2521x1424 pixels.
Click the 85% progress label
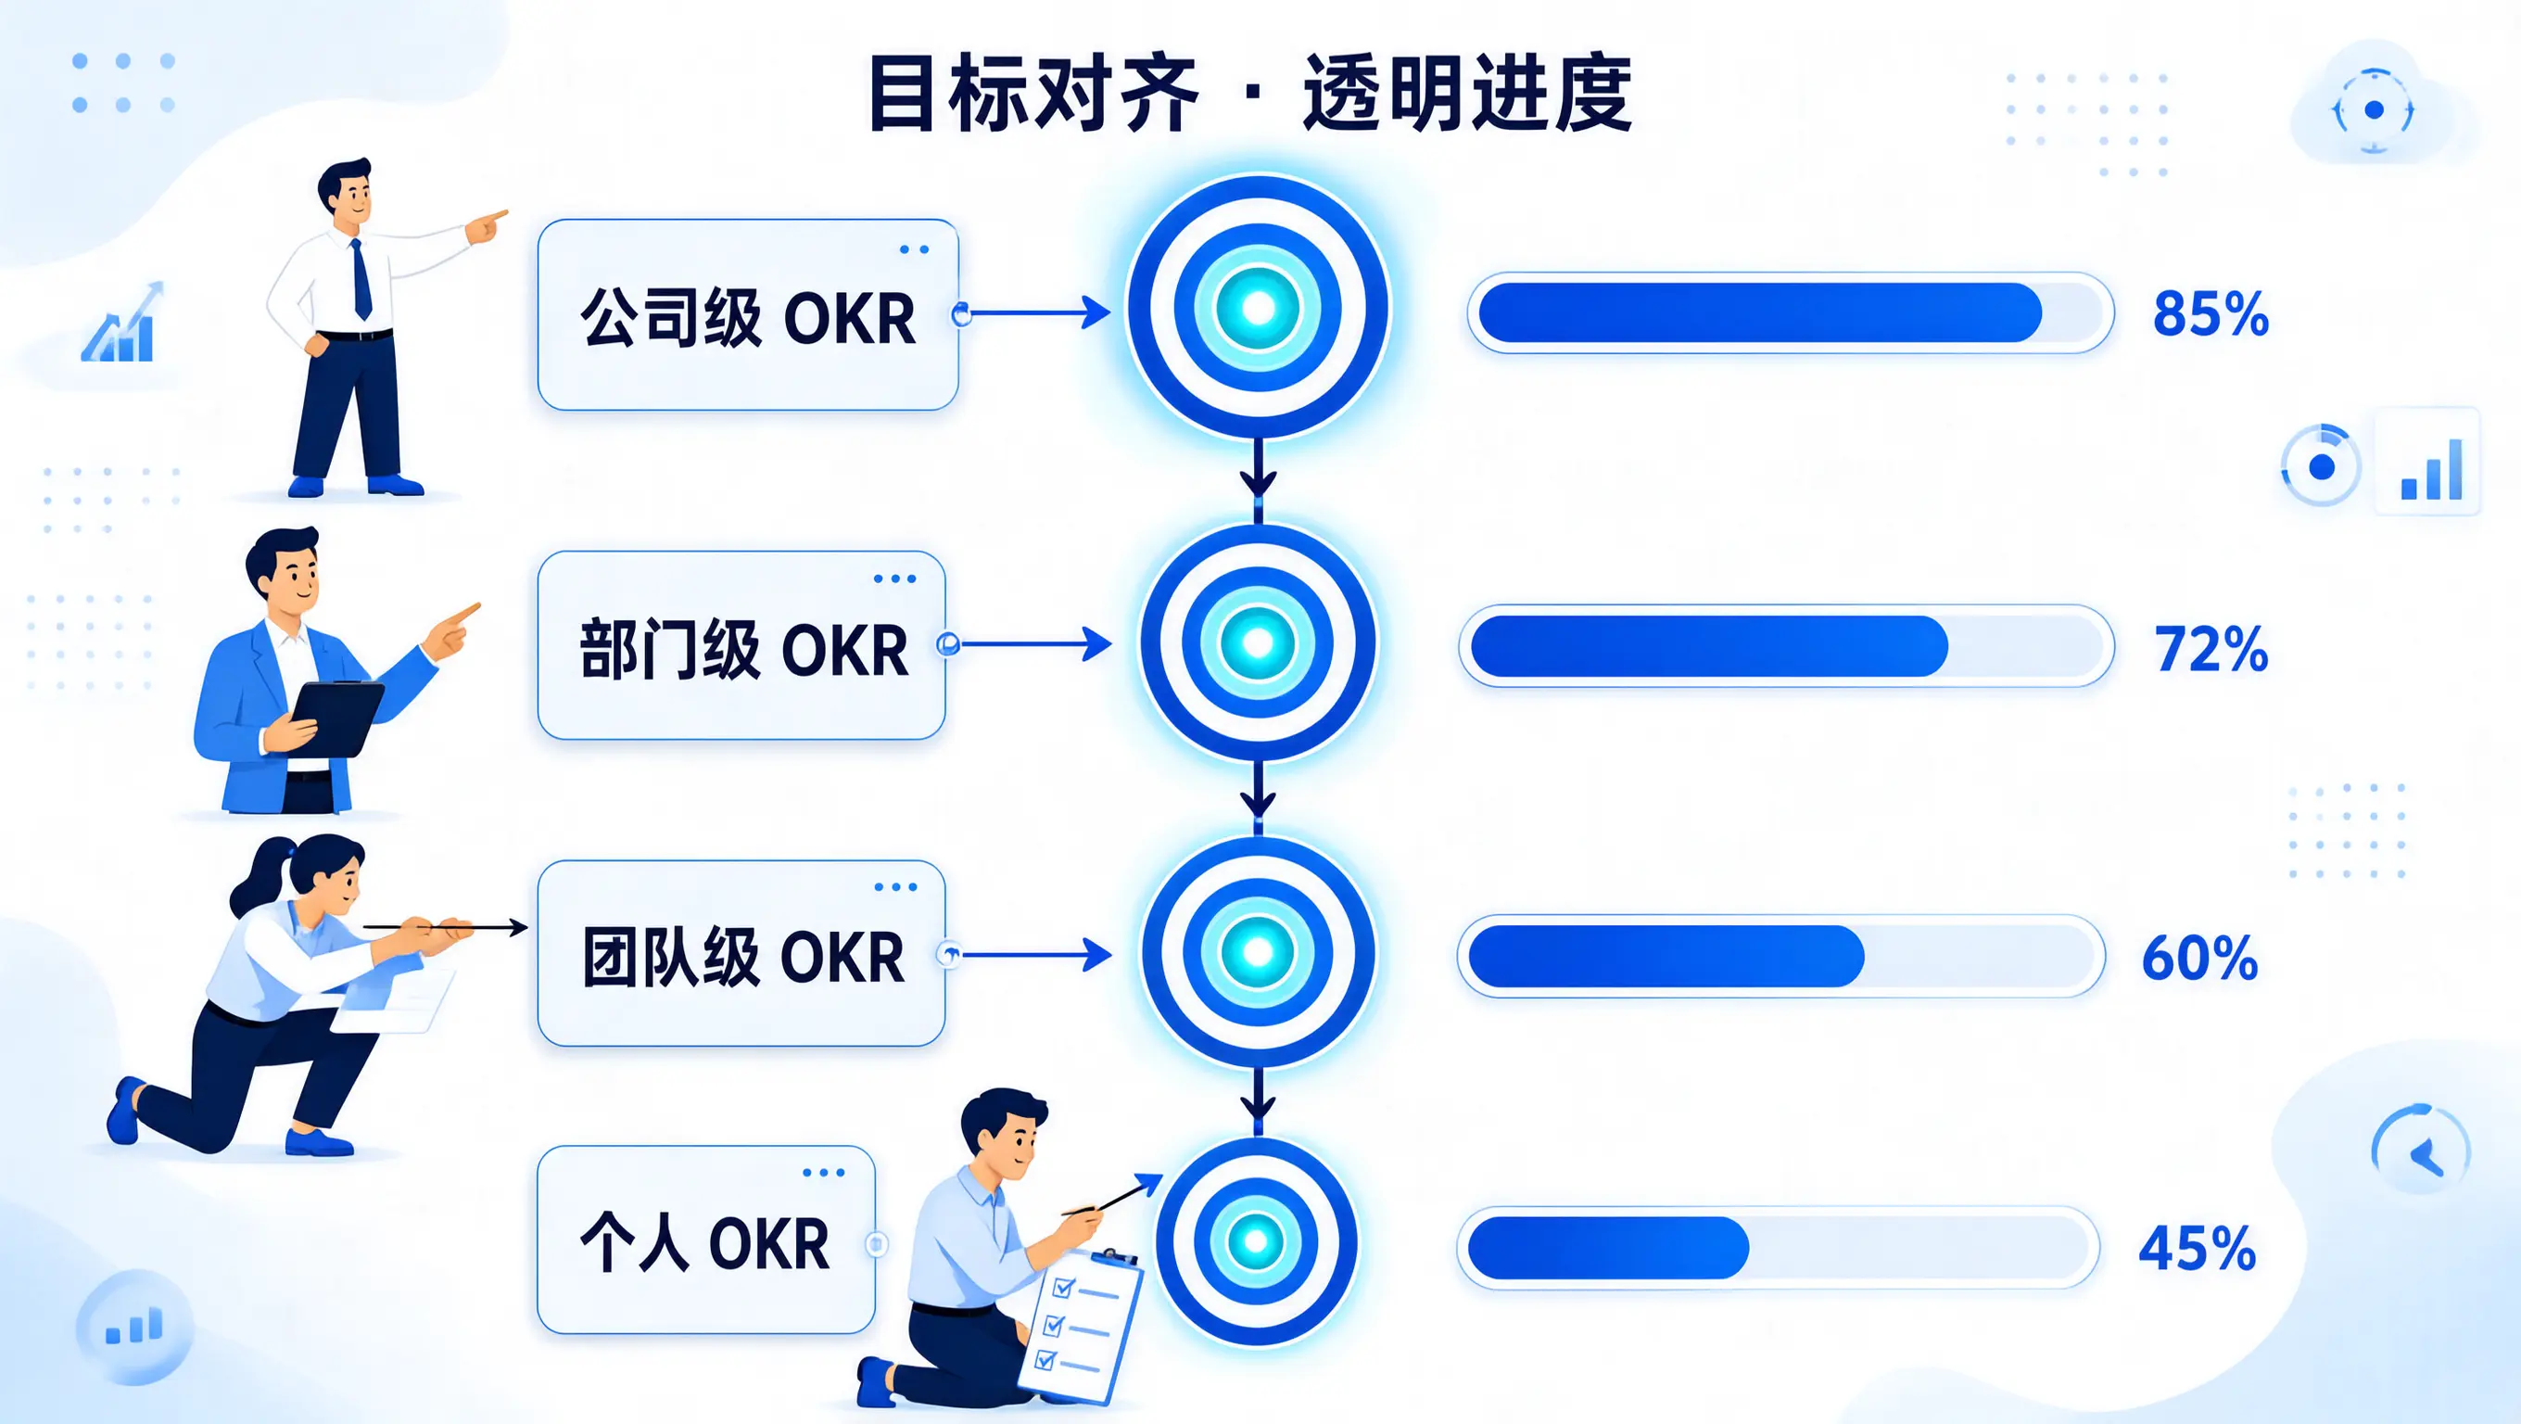[x=2210, y=314]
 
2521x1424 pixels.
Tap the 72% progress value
[x=2211, y=649]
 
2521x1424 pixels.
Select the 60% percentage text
[x=2200, y=957]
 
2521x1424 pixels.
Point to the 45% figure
[x=2197, y=1248]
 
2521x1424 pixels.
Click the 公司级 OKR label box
[x=748, y=315]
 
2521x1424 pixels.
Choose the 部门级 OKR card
[x=741, y=645]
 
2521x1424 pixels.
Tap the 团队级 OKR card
[x=741, y=953]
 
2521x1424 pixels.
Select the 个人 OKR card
[x=705, y=1240]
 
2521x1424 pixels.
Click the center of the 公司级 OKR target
[x=1259, y=307]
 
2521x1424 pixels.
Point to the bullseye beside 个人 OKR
[x=1257, y=1241]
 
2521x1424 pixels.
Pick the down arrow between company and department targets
[x=1259, y=470]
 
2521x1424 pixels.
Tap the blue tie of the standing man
[x=361, y=279]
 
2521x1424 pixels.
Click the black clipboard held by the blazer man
[x=336, y=717]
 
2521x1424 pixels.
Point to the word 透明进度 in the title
[x=1467, y=94]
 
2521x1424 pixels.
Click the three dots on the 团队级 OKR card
[x=895, y=887]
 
